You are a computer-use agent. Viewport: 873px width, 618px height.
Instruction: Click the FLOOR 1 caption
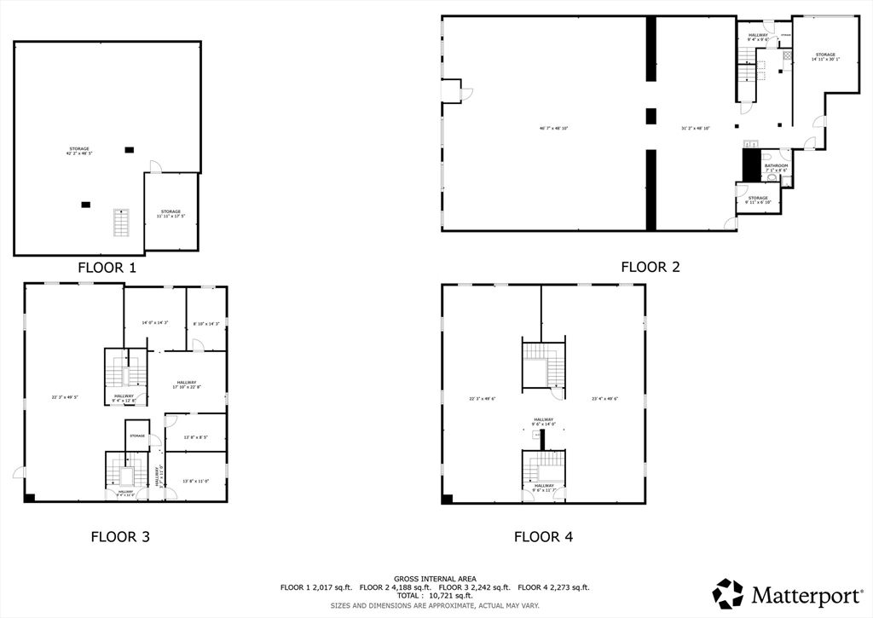[x=107, y=267]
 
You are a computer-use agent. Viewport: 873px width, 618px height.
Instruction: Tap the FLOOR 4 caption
[x=543, y=536]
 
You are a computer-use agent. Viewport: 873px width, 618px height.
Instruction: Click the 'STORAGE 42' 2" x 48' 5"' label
[x=78, y=151]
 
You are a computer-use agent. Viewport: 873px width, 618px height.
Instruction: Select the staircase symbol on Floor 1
[x=121, y=222]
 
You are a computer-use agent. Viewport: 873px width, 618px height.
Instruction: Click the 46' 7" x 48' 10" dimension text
[x=553, y=129]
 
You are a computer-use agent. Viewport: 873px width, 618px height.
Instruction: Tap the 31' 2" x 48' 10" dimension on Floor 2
[x=696, y=129]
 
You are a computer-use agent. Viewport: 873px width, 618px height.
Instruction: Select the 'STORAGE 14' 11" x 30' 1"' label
[x=824, y=57]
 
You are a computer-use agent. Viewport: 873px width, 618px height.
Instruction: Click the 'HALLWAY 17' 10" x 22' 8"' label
[x=187, y=384]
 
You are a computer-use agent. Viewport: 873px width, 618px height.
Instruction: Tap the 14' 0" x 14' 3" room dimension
[x=154, y=323]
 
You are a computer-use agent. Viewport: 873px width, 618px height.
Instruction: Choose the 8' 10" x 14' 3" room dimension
[x=206, y=323]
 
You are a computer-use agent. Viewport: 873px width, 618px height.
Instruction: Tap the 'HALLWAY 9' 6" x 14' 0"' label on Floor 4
[x=543, y=421]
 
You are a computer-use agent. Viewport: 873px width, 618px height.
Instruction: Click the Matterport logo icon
[x=728, y=593]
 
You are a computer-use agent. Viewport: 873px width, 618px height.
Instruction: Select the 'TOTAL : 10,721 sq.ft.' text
[x=435, y=596]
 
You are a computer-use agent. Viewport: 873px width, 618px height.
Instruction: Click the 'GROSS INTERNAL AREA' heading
[x=435, y=579]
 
